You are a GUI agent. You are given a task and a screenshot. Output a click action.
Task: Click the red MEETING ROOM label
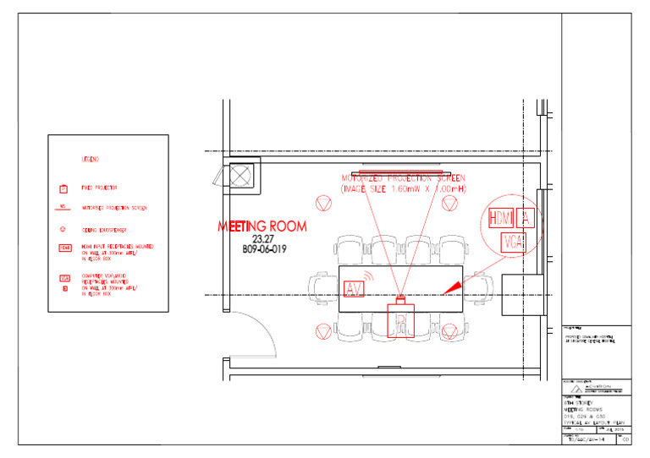pyautogui.click(x=262, y=226)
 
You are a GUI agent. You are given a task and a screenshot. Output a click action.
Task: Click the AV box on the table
pyautogui.click(x=355, y=289)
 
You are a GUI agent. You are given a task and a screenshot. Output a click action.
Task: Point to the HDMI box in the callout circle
pyautogui.click(x=501, y=218)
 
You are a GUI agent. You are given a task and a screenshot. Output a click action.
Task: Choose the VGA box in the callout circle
pyautogui.click(x=514, y=243)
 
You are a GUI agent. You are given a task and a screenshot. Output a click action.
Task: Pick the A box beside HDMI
pyautogui.click(x=525, y=218)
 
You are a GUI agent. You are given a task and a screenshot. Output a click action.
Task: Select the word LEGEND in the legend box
pyautogui.click(x=90, y=159)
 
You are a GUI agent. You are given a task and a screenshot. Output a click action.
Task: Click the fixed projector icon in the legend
pyautogui.click(x=63, y=188)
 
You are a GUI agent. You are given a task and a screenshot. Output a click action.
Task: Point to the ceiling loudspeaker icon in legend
pyautogui.click(x=63, y=228)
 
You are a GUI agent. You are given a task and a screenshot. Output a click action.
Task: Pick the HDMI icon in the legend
pyautogui.click(x=64, y=248)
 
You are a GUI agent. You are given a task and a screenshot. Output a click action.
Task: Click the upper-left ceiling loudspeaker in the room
pyautogui.click(x=322, y=203)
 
